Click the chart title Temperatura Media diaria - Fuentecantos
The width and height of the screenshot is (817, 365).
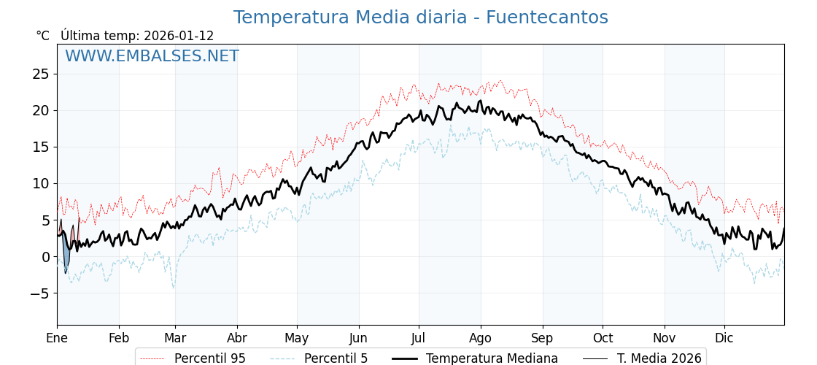(420, 18)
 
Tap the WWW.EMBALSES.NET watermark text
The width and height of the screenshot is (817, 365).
(152, 56)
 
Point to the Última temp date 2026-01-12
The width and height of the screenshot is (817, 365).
(179, 36)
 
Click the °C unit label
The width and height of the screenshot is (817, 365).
(42, 36)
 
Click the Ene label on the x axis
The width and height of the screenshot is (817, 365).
(57, 338)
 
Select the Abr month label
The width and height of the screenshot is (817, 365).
(237, 338)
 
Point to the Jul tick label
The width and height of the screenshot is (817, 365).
(419, 338)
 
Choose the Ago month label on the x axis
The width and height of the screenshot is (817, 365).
(481, 338)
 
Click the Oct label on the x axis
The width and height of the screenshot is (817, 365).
(603, 338)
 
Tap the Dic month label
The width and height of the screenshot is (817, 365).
(724, 338)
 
